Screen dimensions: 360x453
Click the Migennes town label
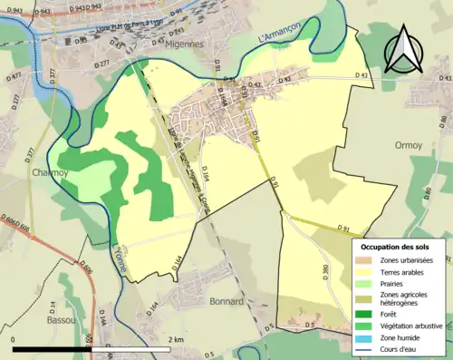[210, 44]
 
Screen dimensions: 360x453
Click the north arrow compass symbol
[401, 51]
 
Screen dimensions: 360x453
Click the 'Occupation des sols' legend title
[395, 246]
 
